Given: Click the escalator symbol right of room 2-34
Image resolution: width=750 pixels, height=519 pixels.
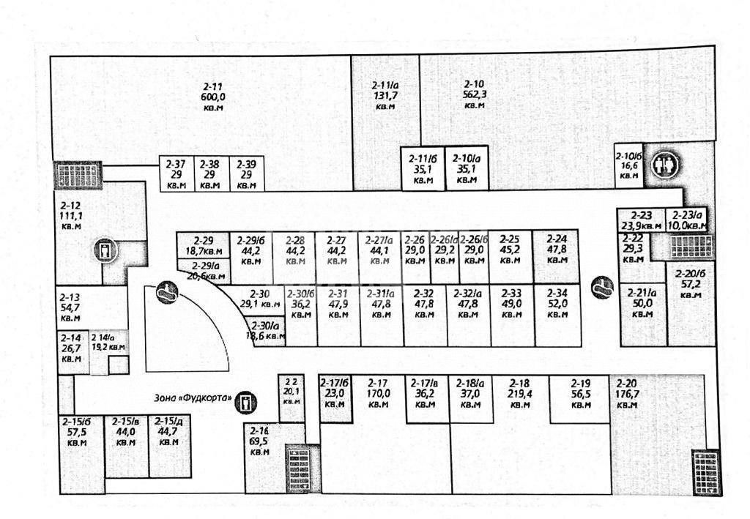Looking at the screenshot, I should [603, 286].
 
